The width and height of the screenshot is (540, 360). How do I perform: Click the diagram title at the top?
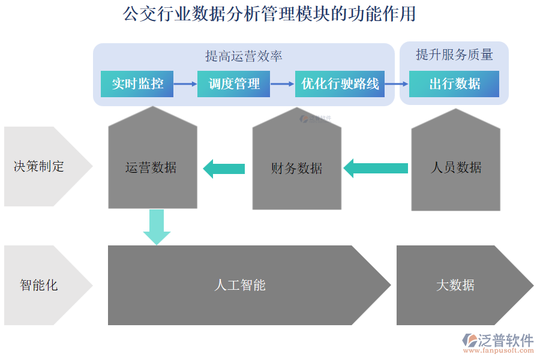tap(269, 14)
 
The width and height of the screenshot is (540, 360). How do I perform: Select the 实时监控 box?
tap(137, 84)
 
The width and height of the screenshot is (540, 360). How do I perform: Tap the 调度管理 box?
tap(234, 84)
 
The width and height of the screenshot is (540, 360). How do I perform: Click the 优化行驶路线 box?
tap(340, 84)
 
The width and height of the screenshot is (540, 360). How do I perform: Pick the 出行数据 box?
tap(454, 84)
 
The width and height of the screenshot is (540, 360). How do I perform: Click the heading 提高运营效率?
tap(244, 56)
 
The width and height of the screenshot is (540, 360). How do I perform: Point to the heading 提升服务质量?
tap(454, 55)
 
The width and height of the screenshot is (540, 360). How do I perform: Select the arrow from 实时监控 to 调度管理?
tap(185, 84)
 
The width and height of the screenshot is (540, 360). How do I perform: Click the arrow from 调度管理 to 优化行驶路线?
tap(283, 84)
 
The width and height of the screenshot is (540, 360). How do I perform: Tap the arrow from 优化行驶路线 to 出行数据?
tap(397, 84)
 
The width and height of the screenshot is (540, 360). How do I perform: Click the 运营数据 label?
tap(151, 167)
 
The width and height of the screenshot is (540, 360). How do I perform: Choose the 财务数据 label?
tap(296, 169)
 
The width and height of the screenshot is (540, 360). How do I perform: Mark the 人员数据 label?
tap(456, 167)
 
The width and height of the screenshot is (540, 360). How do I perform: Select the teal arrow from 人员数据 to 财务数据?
tap(375, 168)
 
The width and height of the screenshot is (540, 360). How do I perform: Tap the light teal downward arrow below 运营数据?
tap(156, 227)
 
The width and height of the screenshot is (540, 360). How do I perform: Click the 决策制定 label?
tap(38, 166)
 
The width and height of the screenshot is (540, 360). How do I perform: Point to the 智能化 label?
tap(38, 285)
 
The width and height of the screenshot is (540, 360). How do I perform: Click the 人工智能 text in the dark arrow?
tap(240, 285)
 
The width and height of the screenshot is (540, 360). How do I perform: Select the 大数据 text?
tap(455, 285)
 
